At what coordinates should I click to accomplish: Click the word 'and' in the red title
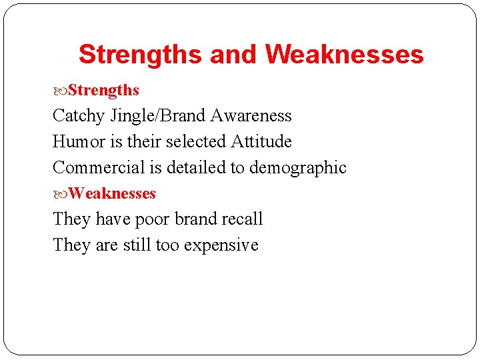[233, 54]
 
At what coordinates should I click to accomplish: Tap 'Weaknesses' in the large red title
[344, 54]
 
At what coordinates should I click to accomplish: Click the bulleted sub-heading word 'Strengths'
[103, 90]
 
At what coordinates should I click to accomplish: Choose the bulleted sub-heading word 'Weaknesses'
[112, 194]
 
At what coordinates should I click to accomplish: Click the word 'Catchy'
[79, 116]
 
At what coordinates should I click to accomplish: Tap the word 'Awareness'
[251, 116]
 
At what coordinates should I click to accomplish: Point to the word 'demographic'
[298, 168]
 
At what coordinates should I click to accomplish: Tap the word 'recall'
[244, 219]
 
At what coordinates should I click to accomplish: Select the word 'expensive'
[221, 245]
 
